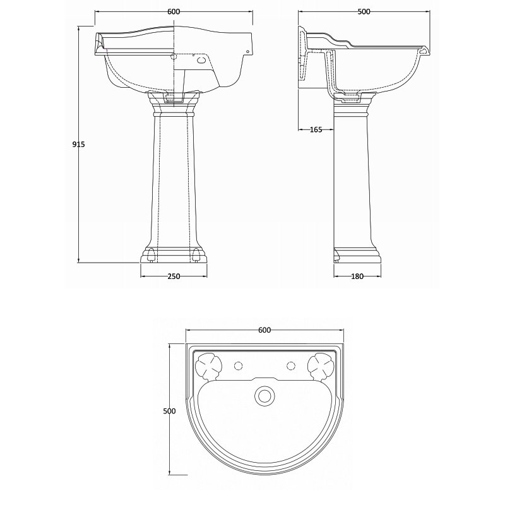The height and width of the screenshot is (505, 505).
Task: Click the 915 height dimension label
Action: point(78,144)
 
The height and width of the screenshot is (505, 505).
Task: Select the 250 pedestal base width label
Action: point(174,276)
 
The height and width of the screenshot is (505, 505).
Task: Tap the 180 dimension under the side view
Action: point(357,276)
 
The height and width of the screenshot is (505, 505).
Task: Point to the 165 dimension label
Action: point(316,130)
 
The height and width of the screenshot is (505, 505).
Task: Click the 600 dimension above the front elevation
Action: point(174,11)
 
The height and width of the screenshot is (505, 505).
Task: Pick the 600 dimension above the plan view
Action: point(264,330)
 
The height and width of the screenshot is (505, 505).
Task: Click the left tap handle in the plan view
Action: point(207,365)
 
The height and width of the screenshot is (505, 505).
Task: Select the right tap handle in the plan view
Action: point(319,365)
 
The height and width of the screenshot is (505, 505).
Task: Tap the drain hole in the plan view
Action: point(264,396)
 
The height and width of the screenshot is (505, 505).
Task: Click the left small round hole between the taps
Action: point(238,365)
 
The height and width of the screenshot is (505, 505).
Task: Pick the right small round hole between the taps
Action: point(290,365)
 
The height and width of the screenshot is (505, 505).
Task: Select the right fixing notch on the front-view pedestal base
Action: point(197,255)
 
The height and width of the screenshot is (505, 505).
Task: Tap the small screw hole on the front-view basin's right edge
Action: point(248,52)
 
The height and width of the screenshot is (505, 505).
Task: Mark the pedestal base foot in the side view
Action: point(357,255)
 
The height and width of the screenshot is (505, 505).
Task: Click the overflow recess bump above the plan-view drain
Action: point(264,381)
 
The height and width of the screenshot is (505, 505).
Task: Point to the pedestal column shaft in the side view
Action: point(351,183)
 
